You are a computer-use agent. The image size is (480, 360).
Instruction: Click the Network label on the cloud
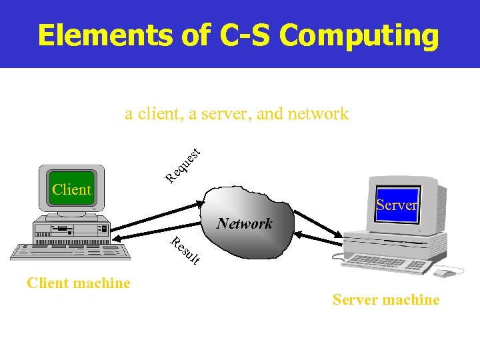pyautogui.click(x=244, y=223)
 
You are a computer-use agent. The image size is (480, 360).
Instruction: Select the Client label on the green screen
pyautogui.click(x=71, y=189)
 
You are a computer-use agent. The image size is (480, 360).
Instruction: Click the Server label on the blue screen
pyautogui.click(x=396, y=205)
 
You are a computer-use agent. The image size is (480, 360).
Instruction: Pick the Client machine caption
pyautogui.click(x=79, y=283)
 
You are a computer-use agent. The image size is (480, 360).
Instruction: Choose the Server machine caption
pyautogui.click(x=386, y=300)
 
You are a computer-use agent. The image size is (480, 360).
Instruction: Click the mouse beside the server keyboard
pyautogui.click(x=441, y=273)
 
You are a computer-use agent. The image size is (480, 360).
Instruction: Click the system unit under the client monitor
pyautogui.click(x=71, y=228)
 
